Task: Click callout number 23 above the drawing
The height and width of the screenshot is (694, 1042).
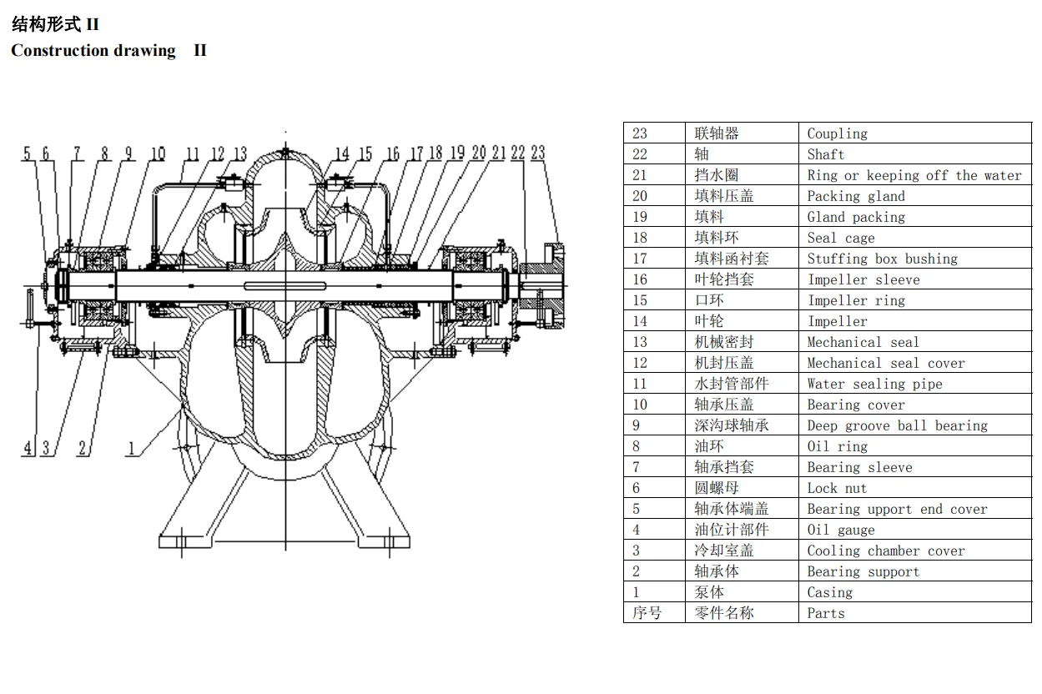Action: pos(538,153)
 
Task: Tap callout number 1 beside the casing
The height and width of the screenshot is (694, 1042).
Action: pos(131,448)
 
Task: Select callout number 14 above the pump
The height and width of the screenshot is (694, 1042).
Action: pos(342,153)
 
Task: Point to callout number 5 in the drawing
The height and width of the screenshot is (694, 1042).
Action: pos(27,153)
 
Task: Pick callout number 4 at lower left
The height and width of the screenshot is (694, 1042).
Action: pos(28,448)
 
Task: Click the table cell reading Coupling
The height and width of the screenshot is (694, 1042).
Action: pos(838,133)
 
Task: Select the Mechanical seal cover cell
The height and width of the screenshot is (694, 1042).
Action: pos(886,363)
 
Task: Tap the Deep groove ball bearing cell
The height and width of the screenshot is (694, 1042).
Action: pos(898,425)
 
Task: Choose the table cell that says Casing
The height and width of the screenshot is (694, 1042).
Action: pos(830,592)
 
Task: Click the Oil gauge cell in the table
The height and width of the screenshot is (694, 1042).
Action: pos(841,530)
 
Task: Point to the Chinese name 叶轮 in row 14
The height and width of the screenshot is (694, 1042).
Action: pos(709,321)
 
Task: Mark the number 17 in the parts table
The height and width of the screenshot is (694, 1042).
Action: pos(640,259)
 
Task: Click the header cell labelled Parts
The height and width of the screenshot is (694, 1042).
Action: pos(826,613)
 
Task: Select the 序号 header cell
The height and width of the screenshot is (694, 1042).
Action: pos(647,612)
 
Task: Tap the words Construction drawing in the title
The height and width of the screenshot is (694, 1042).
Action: pos(93,50)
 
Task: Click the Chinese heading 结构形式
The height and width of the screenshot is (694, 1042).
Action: pos(46,23)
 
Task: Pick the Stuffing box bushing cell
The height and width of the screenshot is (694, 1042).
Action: pos(883,259)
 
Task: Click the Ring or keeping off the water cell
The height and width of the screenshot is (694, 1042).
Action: pos(914,175)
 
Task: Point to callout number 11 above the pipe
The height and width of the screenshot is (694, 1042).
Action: pos(193,153)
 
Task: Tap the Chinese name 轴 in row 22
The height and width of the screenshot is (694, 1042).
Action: pos(702,154)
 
